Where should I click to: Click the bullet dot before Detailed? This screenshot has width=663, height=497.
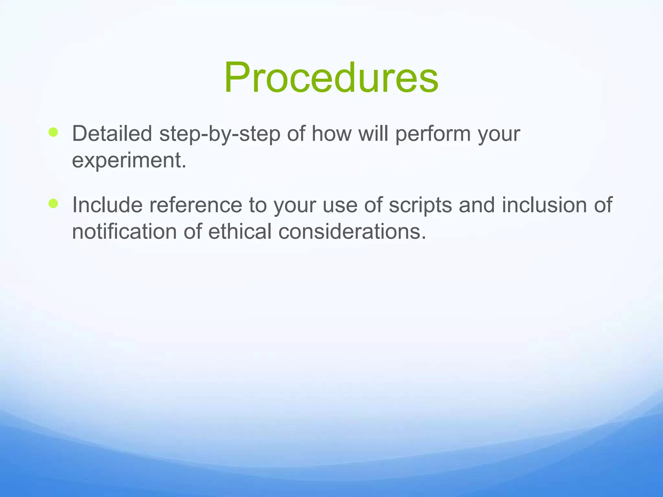tap(53, 132)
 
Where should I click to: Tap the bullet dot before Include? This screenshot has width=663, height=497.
tap(53, 204)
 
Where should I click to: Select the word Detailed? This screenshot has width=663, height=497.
tap(112, 133)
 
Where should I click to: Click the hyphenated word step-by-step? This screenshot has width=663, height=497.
tap(219, 134)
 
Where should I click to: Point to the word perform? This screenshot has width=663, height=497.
tap(433, 134)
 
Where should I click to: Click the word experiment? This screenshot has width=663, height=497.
tap(129, 160)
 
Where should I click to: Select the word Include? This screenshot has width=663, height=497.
tap(107, 205)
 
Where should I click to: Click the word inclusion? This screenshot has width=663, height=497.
tap(544, 205)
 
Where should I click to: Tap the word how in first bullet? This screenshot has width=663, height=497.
tap(331, 133)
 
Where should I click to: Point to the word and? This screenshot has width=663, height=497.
tap(477, 205)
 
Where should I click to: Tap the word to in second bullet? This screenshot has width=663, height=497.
tap(258, 205)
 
